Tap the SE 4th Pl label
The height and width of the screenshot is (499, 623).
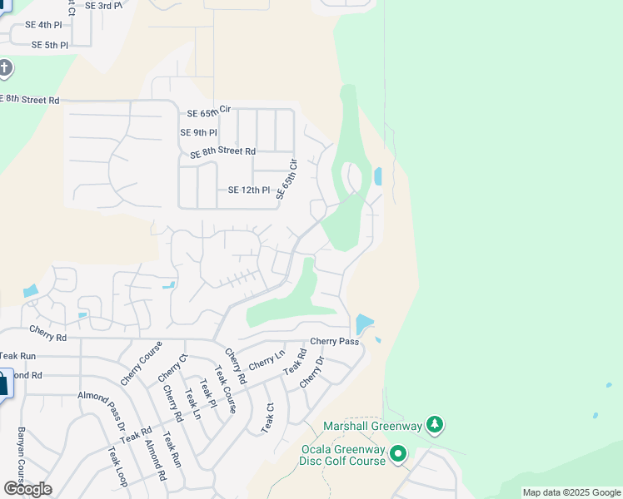click(x=43, y=25)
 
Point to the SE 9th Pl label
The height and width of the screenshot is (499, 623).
click(x=199, y=132)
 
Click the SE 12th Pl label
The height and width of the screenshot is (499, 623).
click(x=249, y=190)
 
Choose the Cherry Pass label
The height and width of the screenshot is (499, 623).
click(x=334, y=342)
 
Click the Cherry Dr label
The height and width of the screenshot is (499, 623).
click(x=310, y=372)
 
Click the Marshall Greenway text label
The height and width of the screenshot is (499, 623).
click(x=373, y=427)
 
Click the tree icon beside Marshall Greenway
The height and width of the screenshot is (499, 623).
click(x=434, y=426)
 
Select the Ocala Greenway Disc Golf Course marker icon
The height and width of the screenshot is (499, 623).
click(x=398, y=454)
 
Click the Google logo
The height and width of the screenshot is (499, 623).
click(x=27, y=489)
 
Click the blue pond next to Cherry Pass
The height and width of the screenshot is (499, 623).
click(x=364, y=324)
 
